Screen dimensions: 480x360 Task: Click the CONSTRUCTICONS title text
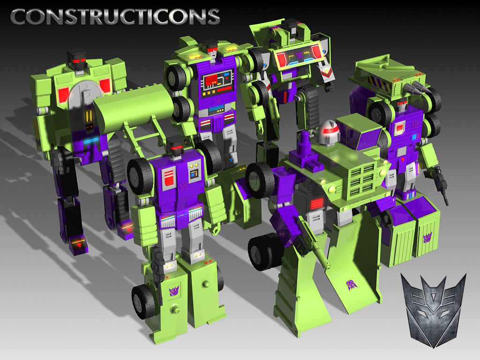115,16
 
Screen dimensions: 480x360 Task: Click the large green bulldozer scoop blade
133,105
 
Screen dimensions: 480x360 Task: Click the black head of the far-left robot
76,60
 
